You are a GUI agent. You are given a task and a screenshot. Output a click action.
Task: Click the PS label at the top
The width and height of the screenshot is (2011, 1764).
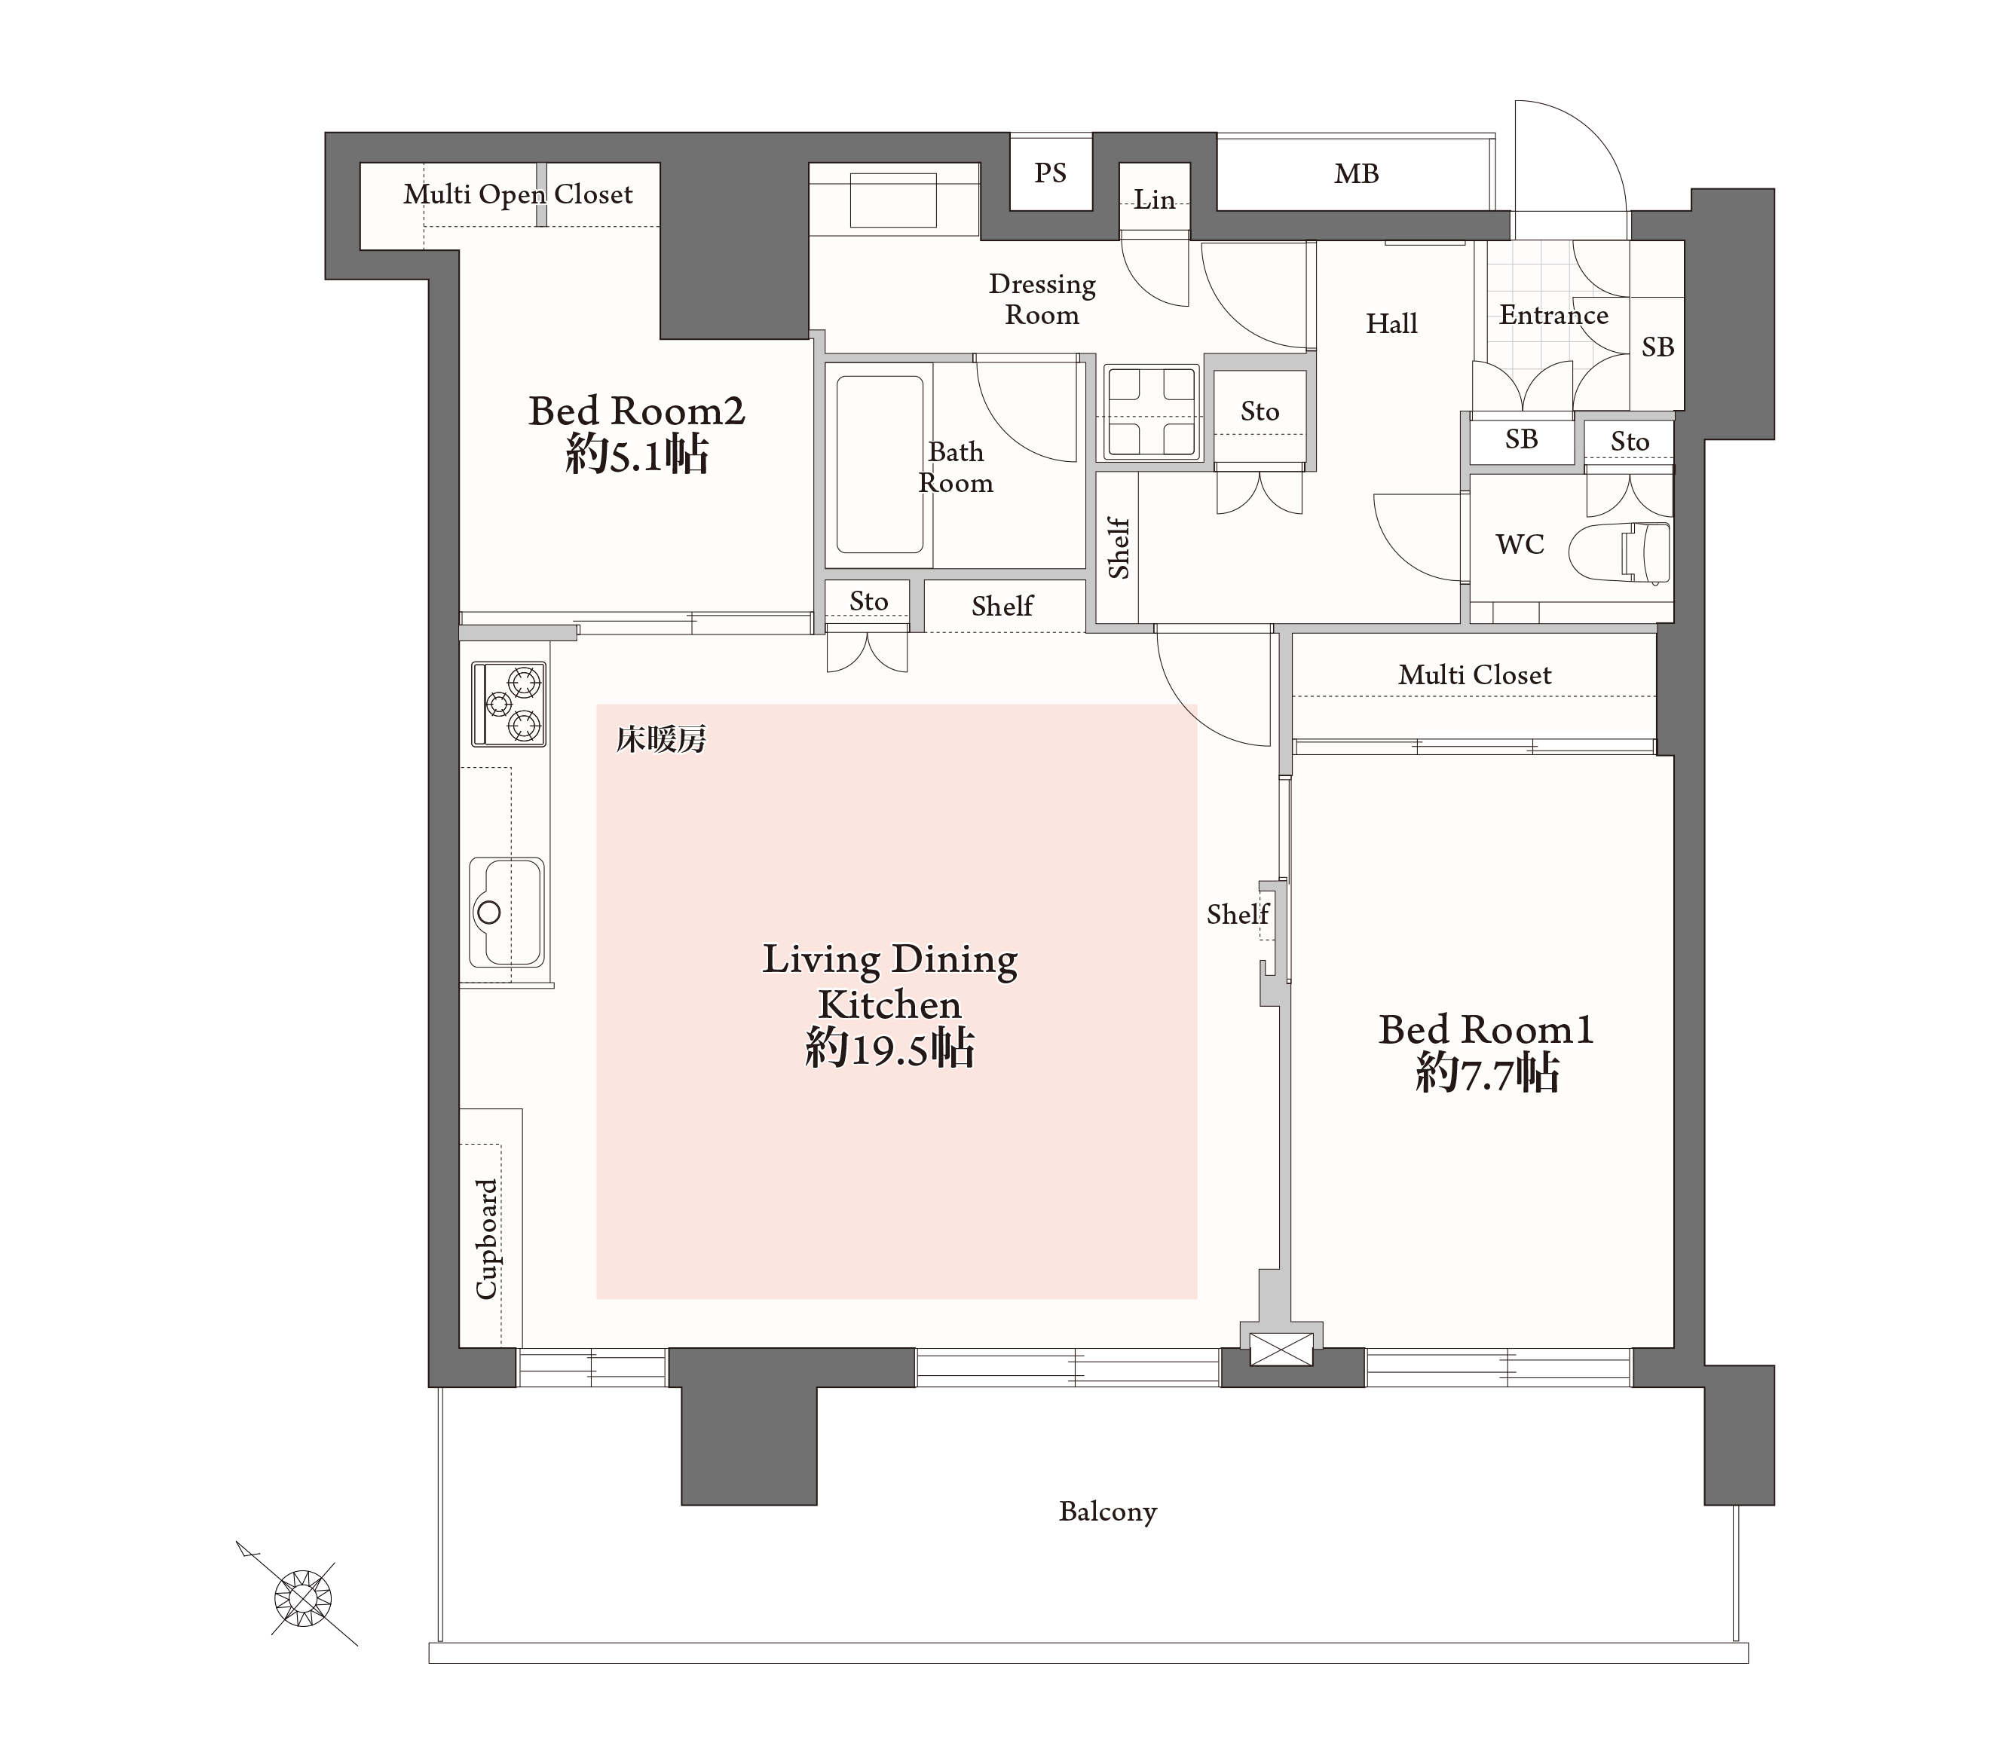point(1050,173)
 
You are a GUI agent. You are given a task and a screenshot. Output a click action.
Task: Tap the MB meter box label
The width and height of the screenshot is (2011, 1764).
point(1356,174)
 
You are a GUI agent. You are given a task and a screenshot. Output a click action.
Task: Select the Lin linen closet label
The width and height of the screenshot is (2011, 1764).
point(1154,200)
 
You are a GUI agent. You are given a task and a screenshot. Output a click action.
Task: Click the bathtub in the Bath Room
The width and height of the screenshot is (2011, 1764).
point(880,464)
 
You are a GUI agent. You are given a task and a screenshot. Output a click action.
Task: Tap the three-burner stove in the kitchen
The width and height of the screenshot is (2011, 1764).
point(509,704)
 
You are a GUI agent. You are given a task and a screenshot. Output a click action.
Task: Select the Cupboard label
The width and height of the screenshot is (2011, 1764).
point(486,1239)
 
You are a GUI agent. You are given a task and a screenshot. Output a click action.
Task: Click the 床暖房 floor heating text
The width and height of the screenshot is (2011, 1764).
point(661,739)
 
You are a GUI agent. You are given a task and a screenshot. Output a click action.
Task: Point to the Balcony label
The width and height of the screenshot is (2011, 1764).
point(1108,1511)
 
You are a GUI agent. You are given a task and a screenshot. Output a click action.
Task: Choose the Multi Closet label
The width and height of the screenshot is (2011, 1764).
point(1475,675)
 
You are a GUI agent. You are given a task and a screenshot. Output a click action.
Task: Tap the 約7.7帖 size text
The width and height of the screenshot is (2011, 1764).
point(1486,1073)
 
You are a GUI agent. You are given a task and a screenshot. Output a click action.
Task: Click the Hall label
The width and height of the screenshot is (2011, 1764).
point(1391,324)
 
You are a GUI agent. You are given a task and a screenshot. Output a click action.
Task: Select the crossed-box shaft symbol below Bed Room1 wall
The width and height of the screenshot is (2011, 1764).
point(1281,1349)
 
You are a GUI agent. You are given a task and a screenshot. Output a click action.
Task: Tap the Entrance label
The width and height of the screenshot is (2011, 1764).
point(1553,315)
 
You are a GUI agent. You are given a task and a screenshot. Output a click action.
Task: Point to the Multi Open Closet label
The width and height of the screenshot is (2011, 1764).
point(518,195)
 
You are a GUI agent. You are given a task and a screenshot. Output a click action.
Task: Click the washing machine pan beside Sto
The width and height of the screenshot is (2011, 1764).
point(1150,411)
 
